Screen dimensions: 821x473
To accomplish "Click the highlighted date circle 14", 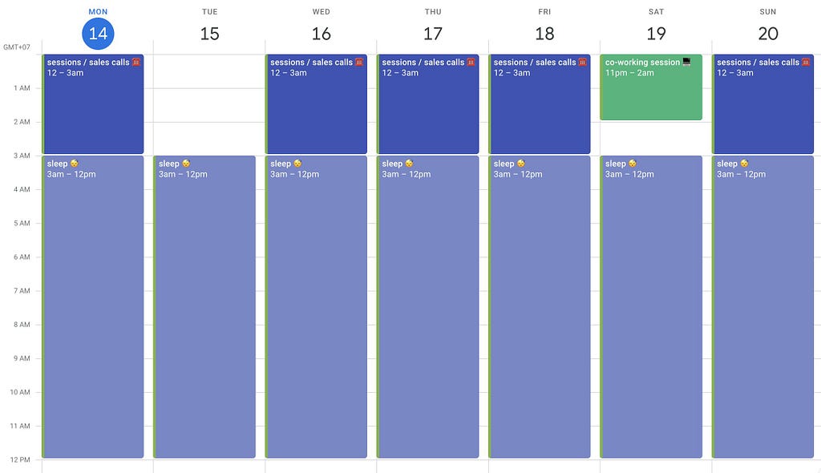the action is pos(98,34).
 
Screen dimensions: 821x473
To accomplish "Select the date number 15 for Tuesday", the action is pos(209,34).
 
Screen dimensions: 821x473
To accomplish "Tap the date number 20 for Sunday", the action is pos(767,34).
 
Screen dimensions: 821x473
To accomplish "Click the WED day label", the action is pos(321,11).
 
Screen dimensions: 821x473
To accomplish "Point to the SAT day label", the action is pos(656,11).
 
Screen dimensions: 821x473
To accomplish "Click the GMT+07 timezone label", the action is pos(17,47).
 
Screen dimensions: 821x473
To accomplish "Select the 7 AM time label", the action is pos(22,291).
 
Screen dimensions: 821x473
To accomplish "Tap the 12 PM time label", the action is pos(20,459).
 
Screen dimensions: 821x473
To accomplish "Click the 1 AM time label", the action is pos(22,88).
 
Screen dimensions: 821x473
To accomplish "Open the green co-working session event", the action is pos(651,87).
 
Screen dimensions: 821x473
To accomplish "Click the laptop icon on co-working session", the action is pos(686,62).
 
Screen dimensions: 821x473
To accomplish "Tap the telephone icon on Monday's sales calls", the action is pos(136,62).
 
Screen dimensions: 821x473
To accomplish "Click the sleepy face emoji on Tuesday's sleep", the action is pos(186,164).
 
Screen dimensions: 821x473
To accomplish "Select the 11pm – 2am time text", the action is pos(629,73).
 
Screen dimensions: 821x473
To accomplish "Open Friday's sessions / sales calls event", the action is pos(540,103).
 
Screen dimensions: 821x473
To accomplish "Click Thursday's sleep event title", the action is pos(392,164).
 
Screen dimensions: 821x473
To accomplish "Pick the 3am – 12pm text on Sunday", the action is pos(741,174).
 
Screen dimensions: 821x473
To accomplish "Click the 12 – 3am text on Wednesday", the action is pos(289,73).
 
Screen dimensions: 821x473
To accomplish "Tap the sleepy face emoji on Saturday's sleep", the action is pos(633,164).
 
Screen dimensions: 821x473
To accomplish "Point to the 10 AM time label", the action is pos(20,392).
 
